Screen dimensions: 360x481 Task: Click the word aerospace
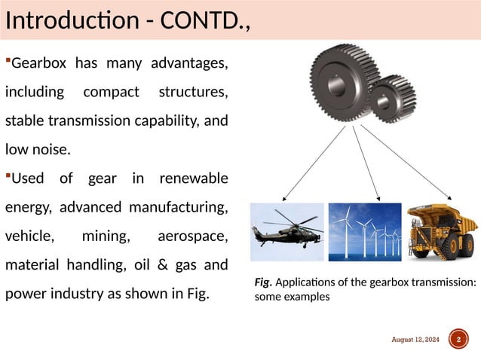pyautogui.click(x=192, y=236)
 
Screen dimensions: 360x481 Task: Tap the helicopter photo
pyautogui.click(x=287, y=228)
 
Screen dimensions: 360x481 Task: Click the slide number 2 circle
pyautogui.click(x=458, y=340)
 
